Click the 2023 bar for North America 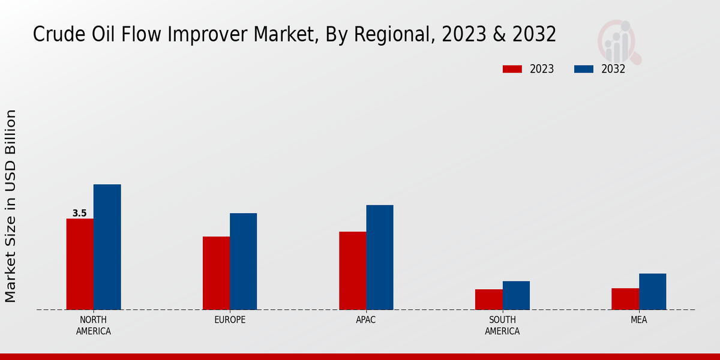80,264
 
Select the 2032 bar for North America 107,247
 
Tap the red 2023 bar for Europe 216,273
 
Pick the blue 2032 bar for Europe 243,261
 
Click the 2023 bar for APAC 352,271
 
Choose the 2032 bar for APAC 380,257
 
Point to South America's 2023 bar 488,299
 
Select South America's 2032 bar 516,295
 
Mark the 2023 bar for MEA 625,299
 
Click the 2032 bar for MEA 652,292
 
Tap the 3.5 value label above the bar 79,213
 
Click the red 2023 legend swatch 512,69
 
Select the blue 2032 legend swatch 583,69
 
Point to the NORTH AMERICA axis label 93,325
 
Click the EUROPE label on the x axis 230,320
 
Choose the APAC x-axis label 366,320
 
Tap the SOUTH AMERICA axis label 502,325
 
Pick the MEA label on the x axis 638,320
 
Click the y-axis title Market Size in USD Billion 11,206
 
